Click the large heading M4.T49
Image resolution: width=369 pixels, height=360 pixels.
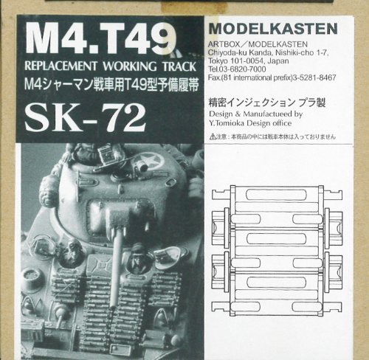pos(100,37)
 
